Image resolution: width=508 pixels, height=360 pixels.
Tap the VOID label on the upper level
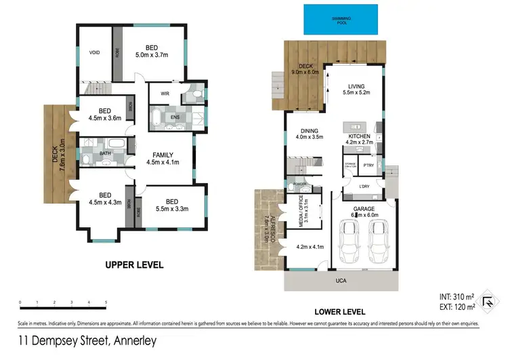pyautogui.click(x=95, y=52)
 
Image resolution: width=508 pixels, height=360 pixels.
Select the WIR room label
pyautogui.click(x=165, y=94)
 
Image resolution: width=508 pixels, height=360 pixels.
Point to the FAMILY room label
pyautogui.click(x=163, y=158)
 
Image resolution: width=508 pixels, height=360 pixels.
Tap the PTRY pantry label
pyautogui.click(x=369, y=165)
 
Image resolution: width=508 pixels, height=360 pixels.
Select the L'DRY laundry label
pyautogui.click(x=364, y=186)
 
